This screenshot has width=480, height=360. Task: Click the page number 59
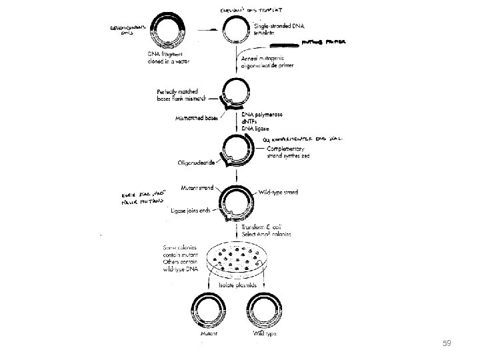click(x=447, y=344)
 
